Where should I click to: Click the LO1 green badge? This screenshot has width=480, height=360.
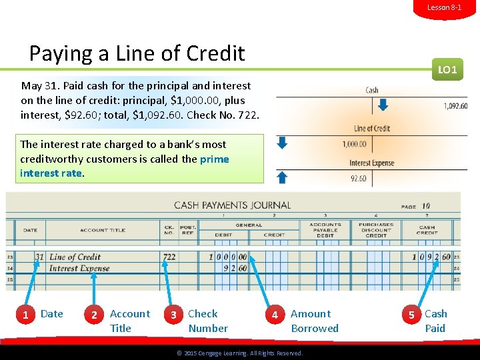tap(447, 69)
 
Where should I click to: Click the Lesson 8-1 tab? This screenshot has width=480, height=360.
tap(444, 7)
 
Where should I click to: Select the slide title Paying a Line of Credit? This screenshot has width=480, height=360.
tap(137, 53)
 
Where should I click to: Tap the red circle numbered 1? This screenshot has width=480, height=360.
tap(25, 314)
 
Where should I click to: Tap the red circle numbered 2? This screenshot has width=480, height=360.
tap(95, 314)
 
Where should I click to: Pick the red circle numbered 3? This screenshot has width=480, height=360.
tap(173, 314)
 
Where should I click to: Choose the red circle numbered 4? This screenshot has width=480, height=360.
tap(275, 314)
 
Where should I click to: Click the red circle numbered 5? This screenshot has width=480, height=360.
tap(411, 314)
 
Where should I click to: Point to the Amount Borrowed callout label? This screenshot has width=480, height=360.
tap(314, 321)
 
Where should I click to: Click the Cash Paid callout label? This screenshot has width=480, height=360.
tap(436, 321)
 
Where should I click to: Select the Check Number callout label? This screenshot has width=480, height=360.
tap(207, 321)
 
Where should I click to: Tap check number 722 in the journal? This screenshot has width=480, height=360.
tap(169, 257)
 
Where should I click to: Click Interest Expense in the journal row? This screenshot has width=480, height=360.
tap(79, 268)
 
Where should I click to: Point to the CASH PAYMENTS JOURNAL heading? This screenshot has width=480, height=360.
tap(232, 205)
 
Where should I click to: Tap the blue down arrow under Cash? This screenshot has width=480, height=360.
tap(383, 105)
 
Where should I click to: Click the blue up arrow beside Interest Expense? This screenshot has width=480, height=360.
tap(282, 176)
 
